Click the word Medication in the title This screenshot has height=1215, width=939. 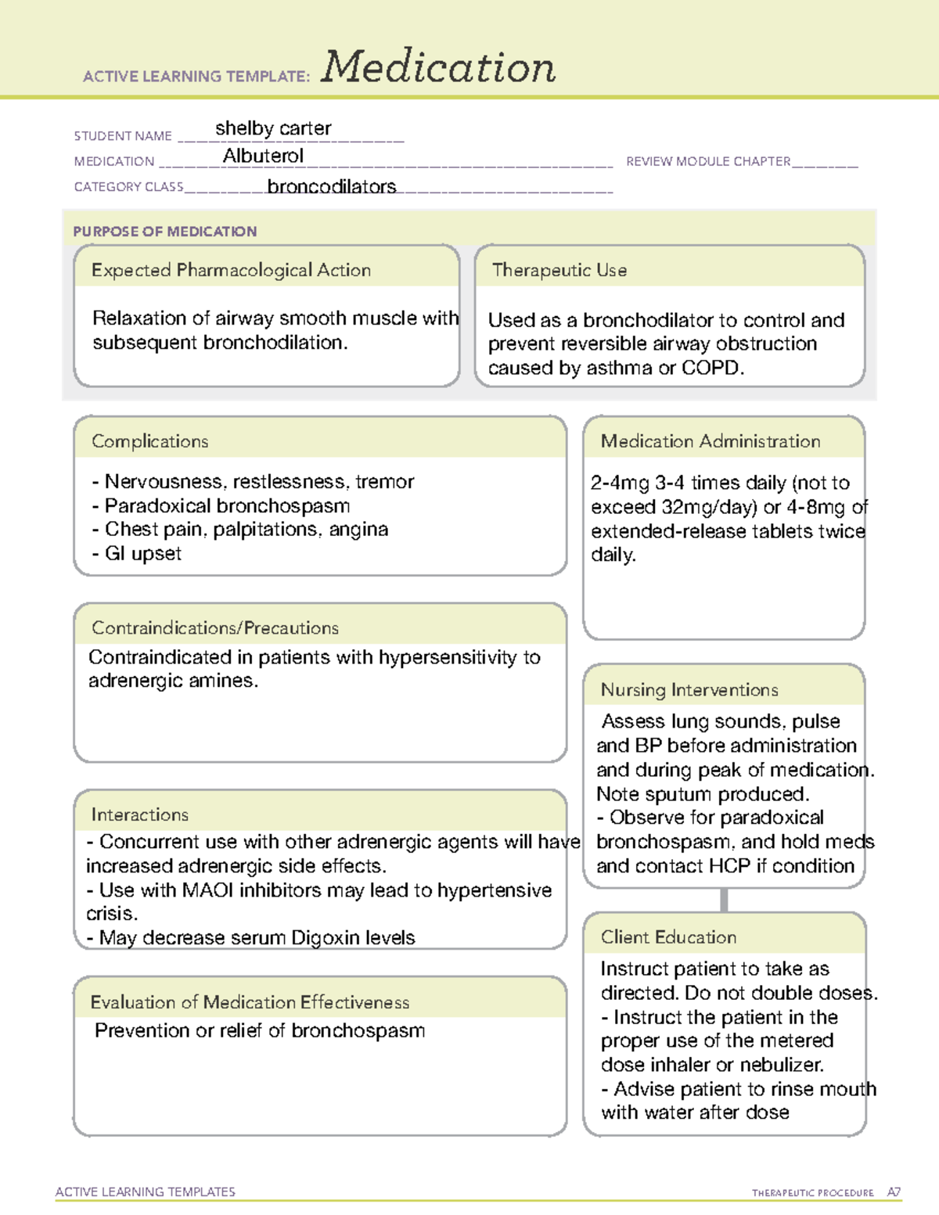[438, 67]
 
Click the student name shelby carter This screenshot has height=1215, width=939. [273, 128]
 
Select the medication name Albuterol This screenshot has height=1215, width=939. [263, 156]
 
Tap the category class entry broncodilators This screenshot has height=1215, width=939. [332, 187]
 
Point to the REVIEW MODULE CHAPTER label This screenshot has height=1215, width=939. [708, 162]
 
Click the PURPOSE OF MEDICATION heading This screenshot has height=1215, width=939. [164, 232]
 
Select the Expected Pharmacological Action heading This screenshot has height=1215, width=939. [231, 271]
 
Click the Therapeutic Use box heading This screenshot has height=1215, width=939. [559, 271]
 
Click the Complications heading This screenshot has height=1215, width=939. [150, 441]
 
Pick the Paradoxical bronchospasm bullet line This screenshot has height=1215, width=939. [227, 506]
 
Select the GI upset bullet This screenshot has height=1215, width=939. [142, 554]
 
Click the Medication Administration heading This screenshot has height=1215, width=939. [711, 441]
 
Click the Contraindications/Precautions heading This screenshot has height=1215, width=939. [215, 628]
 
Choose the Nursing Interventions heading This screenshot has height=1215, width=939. [689, 690]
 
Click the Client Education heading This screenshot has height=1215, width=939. [668, 937]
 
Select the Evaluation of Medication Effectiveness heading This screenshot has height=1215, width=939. [250, 1003]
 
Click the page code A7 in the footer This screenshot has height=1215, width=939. [894, 1192]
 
